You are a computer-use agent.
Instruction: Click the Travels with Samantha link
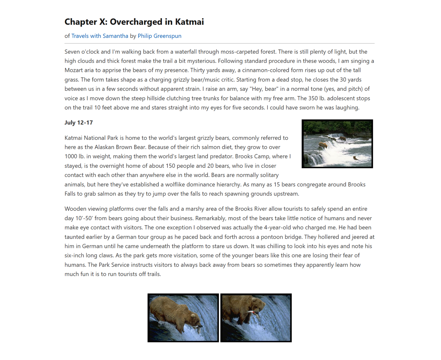pyautogui.click(x=100, y=36)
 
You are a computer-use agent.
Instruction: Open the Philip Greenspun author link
pyautogui.click(x=159, y=36)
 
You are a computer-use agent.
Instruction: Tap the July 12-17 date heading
pyautogui.click(x=79, y=123)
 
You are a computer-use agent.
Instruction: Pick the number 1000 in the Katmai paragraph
pyautogui.click(x=71, y=157)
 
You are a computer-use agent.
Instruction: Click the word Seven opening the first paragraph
pyautogui.click(x=72, y=52)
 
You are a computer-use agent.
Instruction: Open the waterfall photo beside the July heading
pyautogui.click(x=337, y=144)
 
